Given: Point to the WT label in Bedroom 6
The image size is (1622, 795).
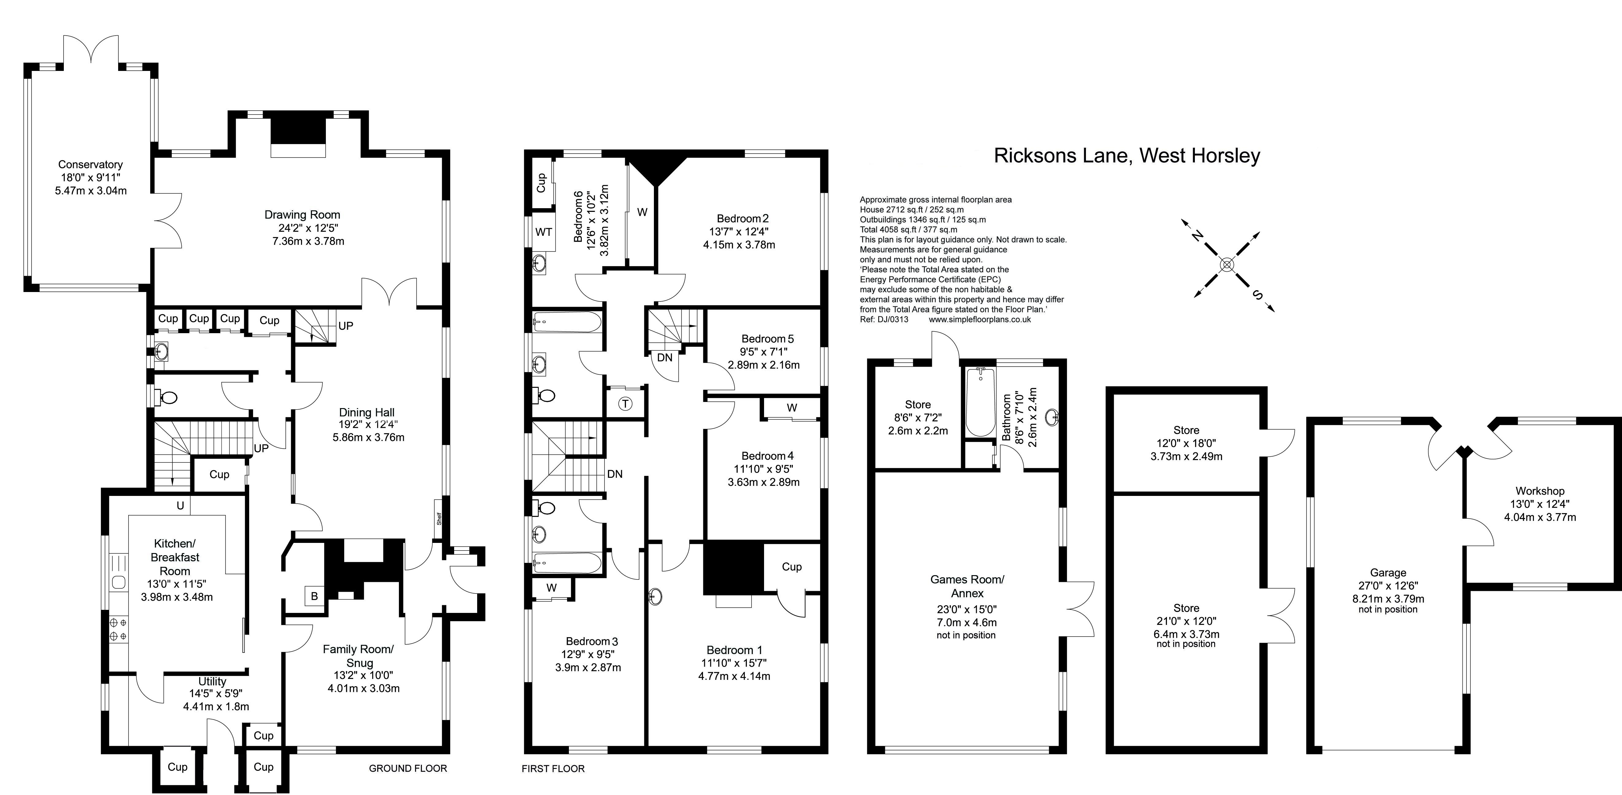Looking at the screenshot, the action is [x=543, y=232].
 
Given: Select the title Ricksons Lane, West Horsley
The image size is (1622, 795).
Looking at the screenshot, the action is [x=1126, y=156].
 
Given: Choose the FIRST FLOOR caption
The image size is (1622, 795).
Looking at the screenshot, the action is [x=553, y=769].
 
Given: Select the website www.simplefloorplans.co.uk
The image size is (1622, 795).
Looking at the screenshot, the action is [x=980, y=319].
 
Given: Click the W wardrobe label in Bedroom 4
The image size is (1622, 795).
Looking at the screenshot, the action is [x=792, y=408].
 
